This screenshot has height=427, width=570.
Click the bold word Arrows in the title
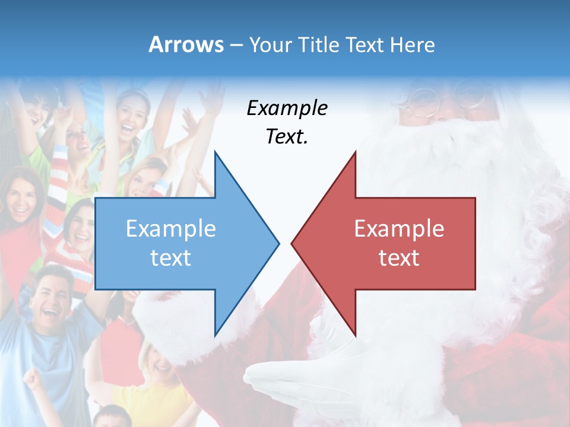tap(186, 44)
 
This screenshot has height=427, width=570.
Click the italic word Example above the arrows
tap(287, 109)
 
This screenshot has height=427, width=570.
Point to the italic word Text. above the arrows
tap(287, 136)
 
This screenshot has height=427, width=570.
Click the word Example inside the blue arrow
tap(171, 228)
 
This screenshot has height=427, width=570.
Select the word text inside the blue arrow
tap(171, 257)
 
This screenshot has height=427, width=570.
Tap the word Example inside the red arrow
tap(399, 228)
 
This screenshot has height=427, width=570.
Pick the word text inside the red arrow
tap(399, 257)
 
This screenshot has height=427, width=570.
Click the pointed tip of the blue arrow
tap(278, 243)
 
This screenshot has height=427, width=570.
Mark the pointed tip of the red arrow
tap(292, 243)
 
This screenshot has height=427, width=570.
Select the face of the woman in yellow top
tap(159, 362)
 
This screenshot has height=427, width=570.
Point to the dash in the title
tap(236, 44)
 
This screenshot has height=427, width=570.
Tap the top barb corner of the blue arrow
tap(214, 152)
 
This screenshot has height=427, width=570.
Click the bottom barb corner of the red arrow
tap(355, 335)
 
